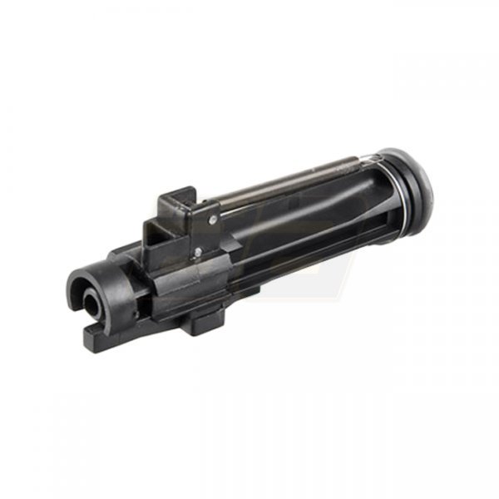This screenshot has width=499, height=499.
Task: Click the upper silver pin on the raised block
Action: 213,220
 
